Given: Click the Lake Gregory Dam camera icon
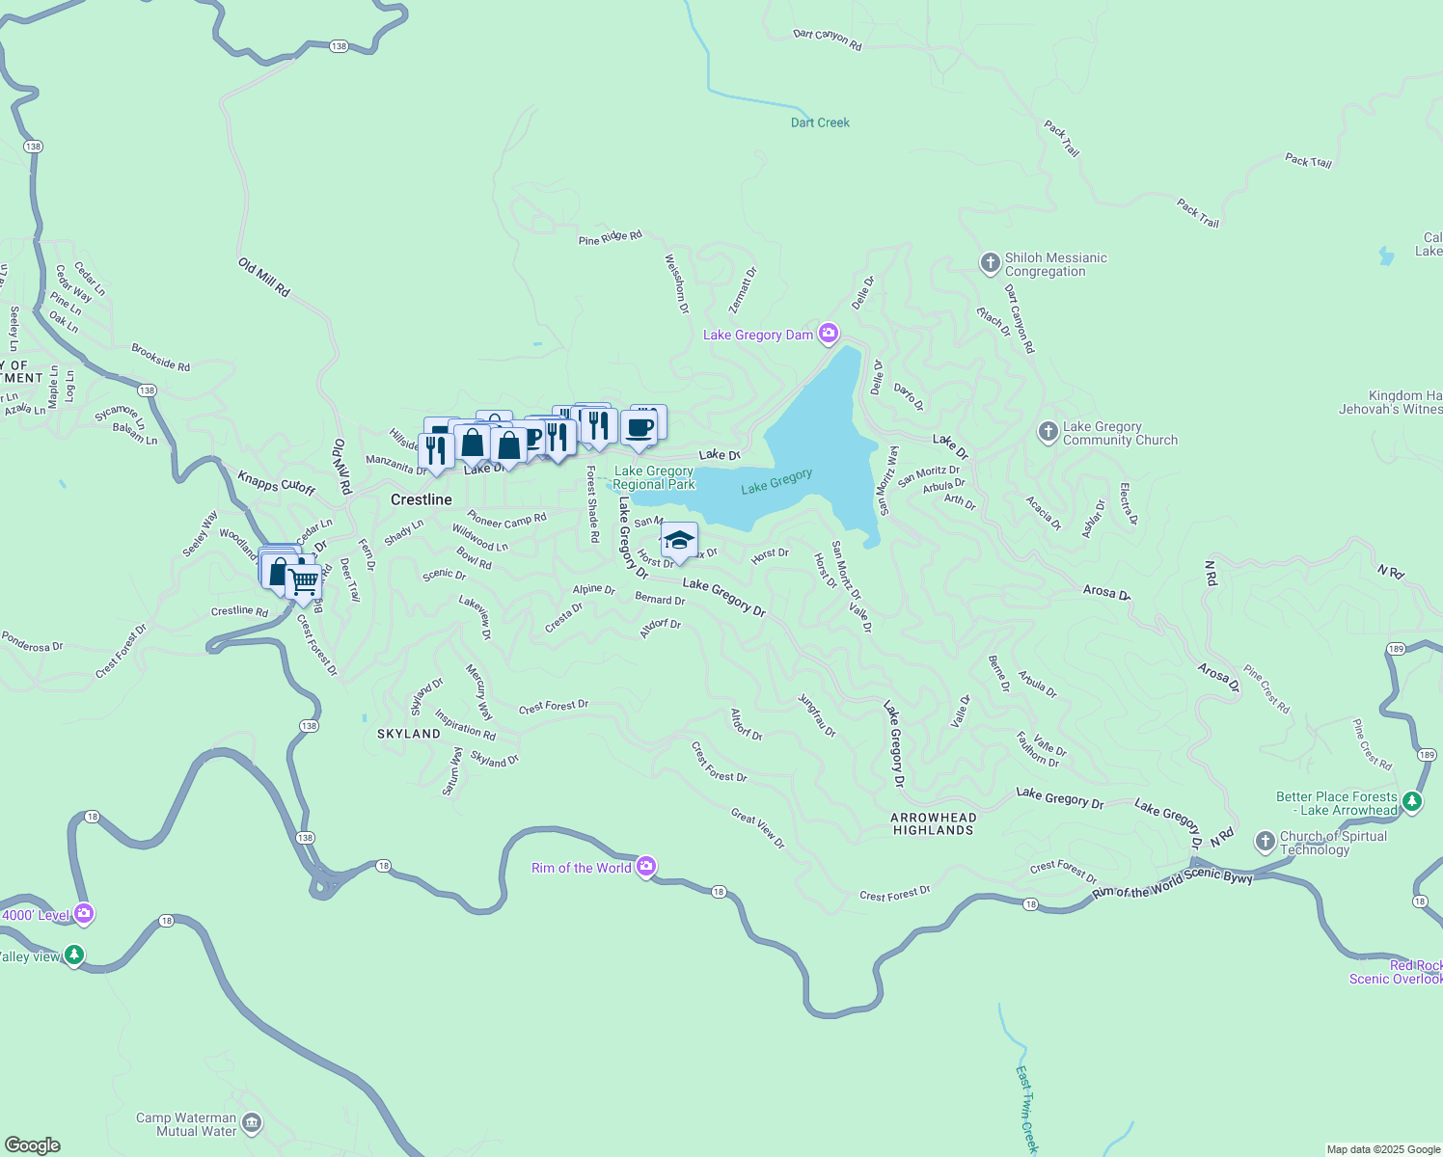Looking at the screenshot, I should tap(828, 334).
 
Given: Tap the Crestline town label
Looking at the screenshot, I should tap(421, 499).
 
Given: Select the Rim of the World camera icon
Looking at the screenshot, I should tap(646, 867).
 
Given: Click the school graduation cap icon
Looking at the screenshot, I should tap(679, 541).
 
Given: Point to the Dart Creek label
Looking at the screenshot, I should tap(820, 122).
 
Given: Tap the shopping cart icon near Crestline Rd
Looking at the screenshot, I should tap(304, 582).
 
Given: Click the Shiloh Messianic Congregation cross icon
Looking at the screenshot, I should tap(990, 262).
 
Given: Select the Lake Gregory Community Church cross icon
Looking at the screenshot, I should tap(1048, 432).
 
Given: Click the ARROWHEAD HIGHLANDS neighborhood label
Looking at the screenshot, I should tap(933, 823).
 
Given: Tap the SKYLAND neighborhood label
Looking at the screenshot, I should tap(408, 734).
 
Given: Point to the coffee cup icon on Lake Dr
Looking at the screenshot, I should tap(639, 428).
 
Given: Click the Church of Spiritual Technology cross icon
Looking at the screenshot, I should tap(1266, 842).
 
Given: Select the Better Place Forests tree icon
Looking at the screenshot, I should tap(1412, 801).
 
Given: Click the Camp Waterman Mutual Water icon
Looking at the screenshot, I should tap(252, 1122).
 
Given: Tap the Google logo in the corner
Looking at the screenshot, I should tap(33, 1144).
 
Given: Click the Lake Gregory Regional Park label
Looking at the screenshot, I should tap(654, 477).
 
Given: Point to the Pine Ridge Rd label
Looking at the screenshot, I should tap(610, 237).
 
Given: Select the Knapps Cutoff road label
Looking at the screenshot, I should tap(276, 482).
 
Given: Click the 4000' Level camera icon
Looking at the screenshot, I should tap(84, 913).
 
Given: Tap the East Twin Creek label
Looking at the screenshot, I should tap(1027, 1109).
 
